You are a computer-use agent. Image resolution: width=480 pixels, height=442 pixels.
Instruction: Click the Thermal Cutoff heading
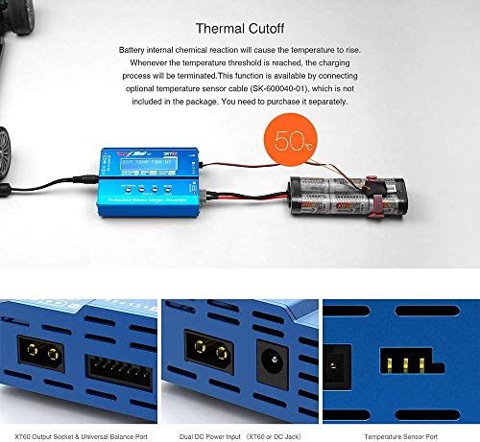238,29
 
